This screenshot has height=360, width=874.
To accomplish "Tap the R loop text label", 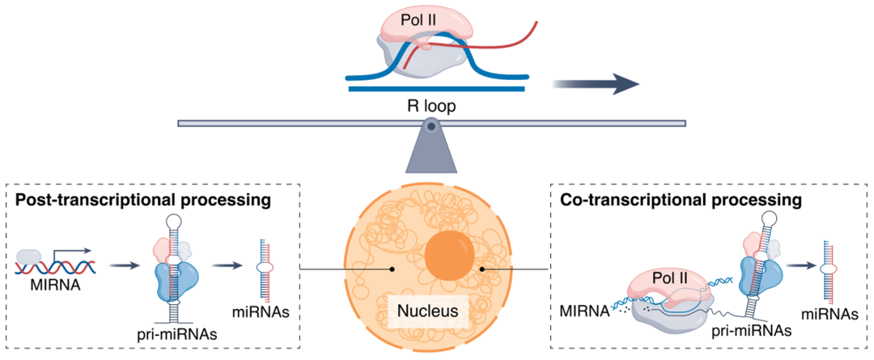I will pos(430,104).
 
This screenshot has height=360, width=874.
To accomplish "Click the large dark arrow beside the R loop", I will pos(596,83).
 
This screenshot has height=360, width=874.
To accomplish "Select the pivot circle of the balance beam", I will pos(432,125).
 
